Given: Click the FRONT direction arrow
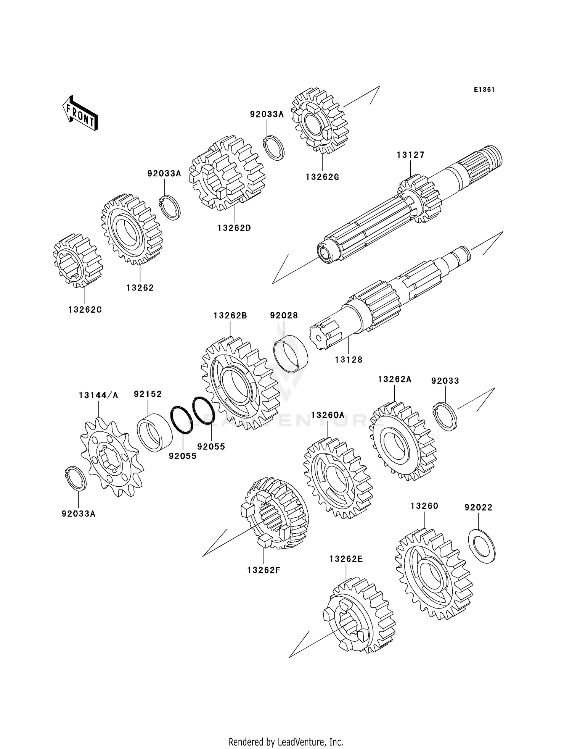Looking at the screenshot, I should pyautogui.click(x=80, y=113).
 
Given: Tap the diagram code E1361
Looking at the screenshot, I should pyautogui.click(x=484, y=90).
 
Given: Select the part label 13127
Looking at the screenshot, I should pyautogui.click(x=410, y=155).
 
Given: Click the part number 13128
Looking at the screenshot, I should pyautogui.click(x=349, y=359).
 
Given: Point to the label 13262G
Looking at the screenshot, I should pyautogui.click(x=322, y=177).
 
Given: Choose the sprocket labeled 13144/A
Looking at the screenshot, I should pyautogui.click(x=111, y=457).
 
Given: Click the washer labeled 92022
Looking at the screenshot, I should pyautogui.click(x=482, y=546).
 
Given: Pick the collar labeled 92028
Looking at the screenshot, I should pyautogui.click(x=291, y=354).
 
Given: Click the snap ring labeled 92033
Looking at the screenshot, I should pyautogui.click(x=446, y=416).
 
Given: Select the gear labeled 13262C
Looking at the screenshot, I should pyautogui.click(x=77, y=260).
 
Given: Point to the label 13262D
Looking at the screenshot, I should pyautogui.click(x=234, y=228).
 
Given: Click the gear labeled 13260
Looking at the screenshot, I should pyautogui.click(x=434, y=574).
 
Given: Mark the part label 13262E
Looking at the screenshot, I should pyautogui.click(x=346, y=559).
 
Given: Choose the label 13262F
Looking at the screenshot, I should pyautogui.click(x=264, y=570).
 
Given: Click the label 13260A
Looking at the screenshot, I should pyautogui.click(x=328, y=415).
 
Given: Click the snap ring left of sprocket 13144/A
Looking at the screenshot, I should pyautogui.click(x=75, y=479).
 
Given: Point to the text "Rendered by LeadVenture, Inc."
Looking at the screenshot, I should pyautogui.click(x=286, y=742).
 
